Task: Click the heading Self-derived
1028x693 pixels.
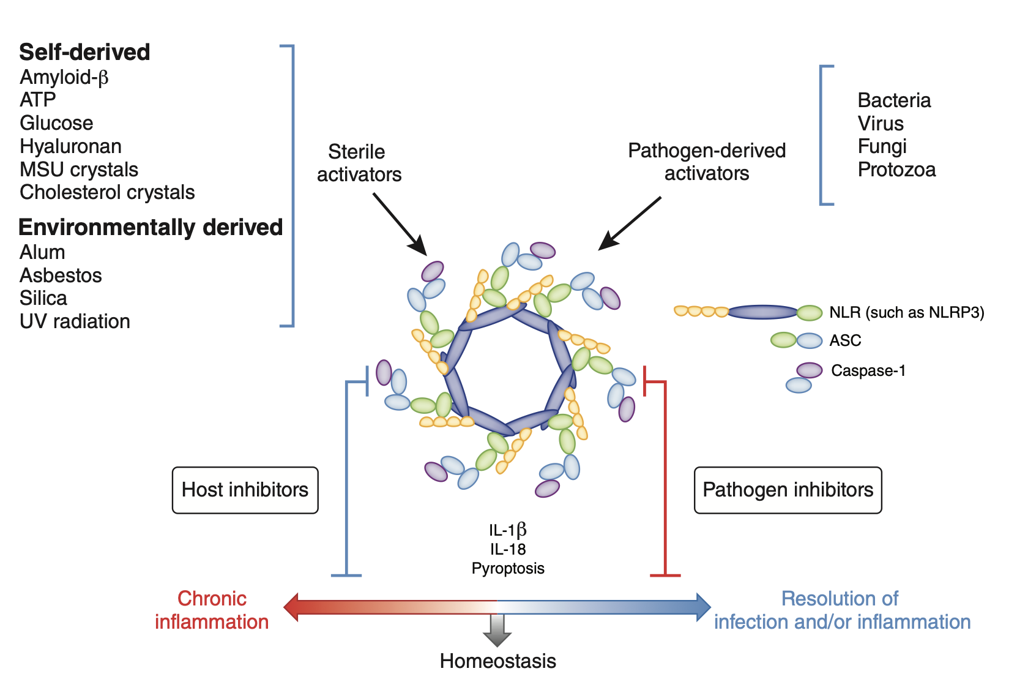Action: [84, 53]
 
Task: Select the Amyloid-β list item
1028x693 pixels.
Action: [64, 78]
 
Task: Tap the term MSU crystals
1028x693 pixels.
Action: [79, 170]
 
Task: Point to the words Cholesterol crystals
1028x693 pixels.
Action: [107, 192]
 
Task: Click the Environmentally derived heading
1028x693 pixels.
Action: [151, 227]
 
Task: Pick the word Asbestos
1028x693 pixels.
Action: [61, 275]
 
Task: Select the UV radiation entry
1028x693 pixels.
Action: [75, 321]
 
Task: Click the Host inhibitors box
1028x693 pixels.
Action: [245, 490]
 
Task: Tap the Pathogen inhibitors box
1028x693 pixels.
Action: [788, 490]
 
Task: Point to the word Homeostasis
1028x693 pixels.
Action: [497, 661]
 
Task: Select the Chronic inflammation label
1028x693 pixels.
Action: [212, 610]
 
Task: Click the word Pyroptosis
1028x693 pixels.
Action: [508, 569]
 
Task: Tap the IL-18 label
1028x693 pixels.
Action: [508, 550]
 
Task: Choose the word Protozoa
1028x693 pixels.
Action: [896, 170]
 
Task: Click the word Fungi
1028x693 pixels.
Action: [882, 146]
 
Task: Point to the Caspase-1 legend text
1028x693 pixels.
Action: [868, 371]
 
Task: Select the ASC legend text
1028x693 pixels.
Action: [845, 341]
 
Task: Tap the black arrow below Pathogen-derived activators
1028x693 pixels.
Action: [630, 223]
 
